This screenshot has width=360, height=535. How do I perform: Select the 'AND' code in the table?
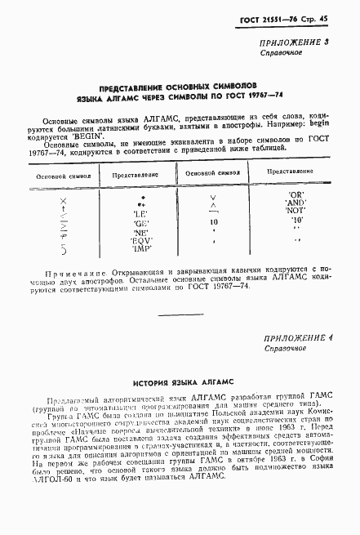[x=295, y=202]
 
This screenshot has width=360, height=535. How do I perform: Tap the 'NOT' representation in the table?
[x=295, y=210]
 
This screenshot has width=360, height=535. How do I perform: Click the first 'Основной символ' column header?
[x=53, y=175]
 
